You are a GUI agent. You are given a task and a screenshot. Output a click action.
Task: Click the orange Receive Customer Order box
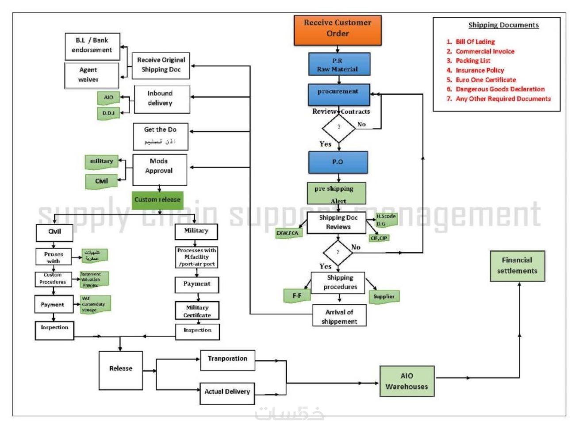(337, 30)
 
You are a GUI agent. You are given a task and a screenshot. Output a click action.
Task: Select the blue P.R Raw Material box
(339, 65)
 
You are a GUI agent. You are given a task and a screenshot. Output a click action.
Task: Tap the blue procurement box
(339, 94)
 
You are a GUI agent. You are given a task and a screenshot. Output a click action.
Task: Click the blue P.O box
(338, 162)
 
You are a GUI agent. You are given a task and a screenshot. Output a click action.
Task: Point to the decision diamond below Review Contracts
(338, 127)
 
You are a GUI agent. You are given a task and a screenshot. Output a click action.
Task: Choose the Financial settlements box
(517, 266)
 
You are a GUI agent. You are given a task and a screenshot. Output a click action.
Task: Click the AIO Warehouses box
(406, 381)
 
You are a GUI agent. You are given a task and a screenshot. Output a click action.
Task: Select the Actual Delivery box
(227, 393)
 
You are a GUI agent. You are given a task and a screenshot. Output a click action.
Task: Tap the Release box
(121, 369)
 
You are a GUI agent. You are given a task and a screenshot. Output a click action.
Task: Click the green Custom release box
(157, 200)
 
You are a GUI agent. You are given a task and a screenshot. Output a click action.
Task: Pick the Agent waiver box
(92, 75)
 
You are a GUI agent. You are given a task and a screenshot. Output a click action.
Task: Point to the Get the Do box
(160, 136)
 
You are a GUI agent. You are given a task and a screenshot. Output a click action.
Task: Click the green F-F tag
(297, 295)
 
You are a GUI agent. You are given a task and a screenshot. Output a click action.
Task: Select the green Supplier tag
(383, 297)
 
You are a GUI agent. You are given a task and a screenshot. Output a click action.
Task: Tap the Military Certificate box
(197, 310)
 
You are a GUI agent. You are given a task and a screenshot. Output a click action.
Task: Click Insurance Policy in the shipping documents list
(479, 70)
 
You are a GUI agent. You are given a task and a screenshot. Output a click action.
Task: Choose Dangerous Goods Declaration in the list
(500, 89)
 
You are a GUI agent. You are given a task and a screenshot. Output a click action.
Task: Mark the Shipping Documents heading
(503, 25)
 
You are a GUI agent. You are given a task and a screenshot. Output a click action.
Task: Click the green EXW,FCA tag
(288, 233)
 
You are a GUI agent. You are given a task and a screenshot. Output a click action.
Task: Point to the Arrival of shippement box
(339, 316)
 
